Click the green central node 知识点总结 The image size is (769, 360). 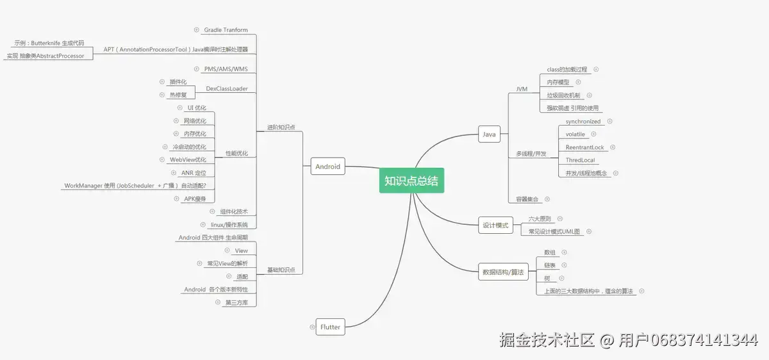tap(411, 181)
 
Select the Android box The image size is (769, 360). tap(327, 167)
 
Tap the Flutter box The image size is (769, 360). tap(330, 327)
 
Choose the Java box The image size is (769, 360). tap(489, 135)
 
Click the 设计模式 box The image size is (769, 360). tap(495, 225)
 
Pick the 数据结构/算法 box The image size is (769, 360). tap(503, 272)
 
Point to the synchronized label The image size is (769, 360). tap(583, 121)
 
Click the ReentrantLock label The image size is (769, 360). tap(584, 147)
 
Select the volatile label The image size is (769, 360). tap(575, 134)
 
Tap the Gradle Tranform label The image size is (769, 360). tap(226, 30)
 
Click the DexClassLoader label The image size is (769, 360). tap(227, 88)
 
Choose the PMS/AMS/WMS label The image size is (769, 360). tap(226, 69)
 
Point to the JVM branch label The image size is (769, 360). tap(522, 89)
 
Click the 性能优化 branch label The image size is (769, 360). tap(236, 153)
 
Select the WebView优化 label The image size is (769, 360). tap(192, 160)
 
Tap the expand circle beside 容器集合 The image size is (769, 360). tap(547, 199)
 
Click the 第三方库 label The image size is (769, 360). tap(236, 302)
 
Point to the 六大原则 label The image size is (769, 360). tap(540, 218)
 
